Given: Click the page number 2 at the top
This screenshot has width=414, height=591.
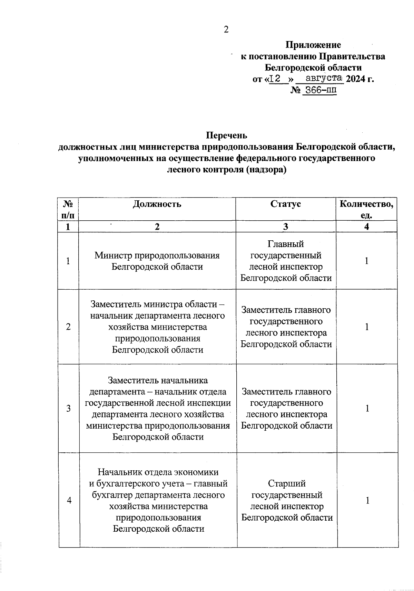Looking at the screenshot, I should (226, 30).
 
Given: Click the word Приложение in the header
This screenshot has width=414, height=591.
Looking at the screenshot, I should (313, 45).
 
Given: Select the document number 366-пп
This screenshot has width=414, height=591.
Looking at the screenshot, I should (319, 90).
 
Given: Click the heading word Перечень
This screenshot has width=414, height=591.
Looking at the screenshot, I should (226, 135).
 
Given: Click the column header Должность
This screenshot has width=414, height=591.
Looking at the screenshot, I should (157, 204).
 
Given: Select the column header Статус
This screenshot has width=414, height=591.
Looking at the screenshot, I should (285, 204).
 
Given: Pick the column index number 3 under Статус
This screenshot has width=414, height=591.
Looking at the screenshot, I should (285, 227).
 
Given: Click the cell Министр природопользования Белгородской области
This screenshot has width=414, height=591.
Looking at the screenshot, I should (157, 261).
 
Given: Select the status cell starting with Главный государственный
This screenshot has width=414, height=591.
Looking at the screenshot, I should (286, 261).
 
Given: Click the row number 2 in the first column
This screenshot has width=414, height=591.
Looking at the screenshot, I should (68, 327).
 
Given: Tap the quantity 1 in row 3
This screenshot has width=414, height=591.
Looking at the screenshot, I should (367, 408).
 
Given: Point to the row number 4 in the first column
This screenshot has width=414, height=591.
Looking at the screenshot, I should (69, 500).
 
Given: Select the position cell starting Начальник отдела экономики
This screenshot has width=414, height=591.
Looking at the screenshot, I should (158, 500).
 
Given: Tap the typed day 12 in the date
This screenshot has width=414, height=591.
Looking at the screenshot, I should (275, 79).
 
